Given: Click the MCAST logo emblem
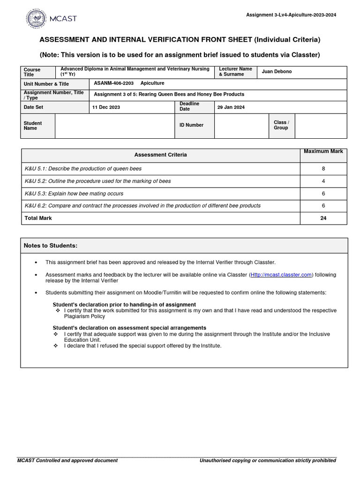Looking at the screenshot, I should (x=36, y=19).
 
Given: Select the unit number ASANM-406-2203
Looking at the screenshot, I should (x=114, y=83).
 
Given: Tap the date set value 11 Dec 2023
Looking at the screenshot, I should (x=106, y=107).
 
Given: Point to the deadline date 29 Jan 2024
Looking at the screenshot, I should (x=231, y=107).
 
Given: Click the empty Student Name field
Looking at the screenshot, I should (x=114, y=126).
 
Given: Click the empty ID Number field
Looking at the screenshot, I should (x=241, y=126).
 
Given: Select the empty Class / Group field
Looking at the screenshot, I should (x=321, y=126).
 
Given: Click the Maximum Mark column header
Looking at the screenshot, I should (x=323, y=151).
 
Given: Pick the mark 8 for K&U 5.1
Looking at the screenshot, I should (x=323, y=169).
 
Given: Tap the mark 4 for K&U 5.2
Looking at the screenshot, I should (x=323, y=181).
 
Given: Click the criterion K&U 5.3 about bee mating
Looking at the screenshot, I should (x=74, y=194).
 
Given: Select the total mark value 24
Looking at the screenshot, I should (x=323, y=218).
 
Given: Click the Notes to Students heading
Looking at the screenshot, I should (x=51, y=246).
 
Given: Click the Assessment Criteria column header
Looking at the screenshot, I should (x=160, y=155).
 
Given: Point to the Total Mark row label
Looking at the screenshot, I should (x=38, y=218).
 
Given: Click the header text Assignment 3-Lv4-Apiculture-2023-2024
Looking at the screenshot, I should (x=291, y=15).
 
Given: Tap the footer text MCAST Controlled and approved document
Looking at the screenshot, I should (x=67, y=460).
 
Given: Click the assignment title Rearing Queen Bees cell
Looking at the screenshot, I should (x=169, y=94).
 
